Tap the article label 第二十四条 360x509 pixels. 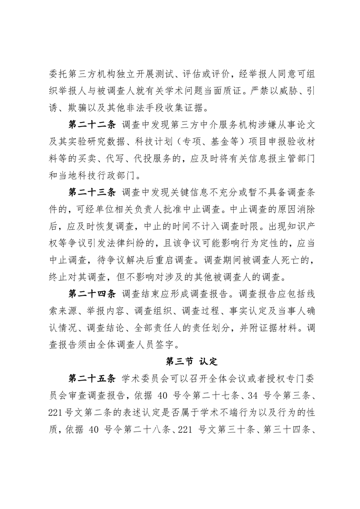tap(92, 299)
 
